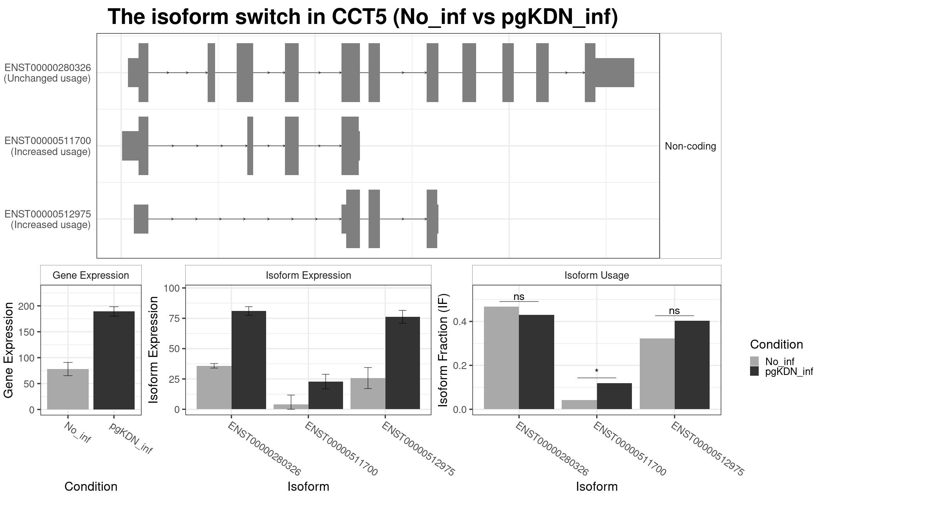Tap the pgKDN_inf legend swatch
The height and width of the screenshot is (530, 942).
pyautogui.click(x=754, y=371)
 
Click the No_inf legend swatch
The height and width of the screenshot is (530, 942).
pyautogui.click(x=754, y=361)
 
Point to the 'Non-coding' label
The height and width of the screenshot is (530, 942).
pyautogui.click(x=690, y=146)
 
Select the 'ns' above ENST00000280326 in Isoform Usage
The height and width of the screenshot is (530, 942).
pyautogui.click(x=518, y=297)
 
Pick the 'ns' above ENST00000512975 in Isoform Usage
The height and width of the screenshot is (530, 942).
pyautogui.click(x=674, y=311)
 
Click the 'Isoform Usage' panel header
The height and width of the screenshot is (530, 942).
pyautogui.click(x=596, y=275)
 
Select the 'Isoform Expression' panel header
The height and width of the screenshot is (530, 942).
pyautogui.click(x=308, y=275)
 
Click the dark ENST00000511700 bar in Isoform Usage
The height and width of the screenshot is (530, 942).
pyautogui.click(x=614, y=396)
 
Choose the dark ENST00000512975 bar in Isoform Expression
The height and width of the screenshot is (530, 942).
pyautogui.click(x=402, y=363)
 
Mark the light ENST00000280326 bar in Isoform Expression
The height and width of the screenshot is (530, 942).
pyautogui.click(x=214, y=387)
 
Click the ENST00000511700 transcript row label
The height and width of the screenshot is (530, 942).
pyautogui.click(x=47, y=146)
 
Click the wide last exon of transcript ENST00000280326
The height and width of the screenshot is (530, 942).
pyautogui.click(x=614, y=73)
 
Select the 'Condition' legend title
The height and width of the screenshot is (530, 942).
pyautogui.click(x=776, y=344)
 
